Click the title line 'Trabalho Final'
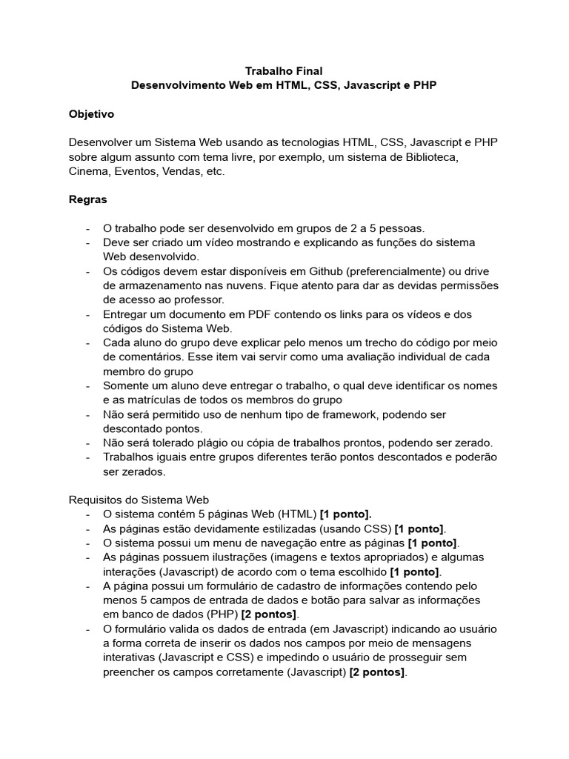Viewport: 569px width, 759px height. pos(284,71)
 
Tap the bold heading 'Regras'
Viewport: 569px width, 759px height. pos(88,199)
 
